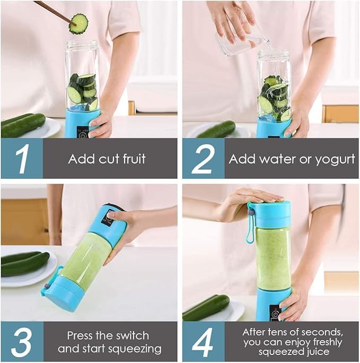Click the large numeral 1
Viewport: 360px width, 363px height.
(x=21, y=159)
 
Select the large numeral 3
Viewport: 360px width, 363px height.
(x=21, y=342)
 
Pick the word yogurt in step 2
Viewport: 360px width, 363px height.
(x=333, y=159)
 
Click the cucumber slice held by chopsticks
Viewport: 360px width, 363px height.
(x=78, y=24)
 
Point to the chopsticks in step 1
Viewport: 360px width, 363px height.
(x=53, y=12)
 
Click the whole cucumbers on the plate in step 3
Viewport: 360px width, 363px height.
(x=24, y=263)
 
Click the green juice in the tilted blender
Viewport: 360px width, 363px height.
(x=84, y=261)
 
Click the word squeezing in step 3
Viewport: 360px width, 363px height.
(x=135, y=349)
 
